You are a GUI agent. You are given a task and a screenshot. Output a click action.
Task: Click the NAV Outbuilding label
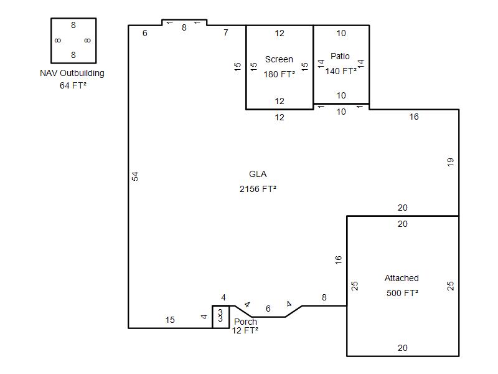pos(72,73)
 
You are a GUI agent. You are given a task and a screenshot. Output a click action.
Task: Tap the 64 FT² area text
pos(73,85)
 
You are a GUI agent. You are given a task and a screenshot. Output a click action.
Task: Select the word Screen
pos(279,59)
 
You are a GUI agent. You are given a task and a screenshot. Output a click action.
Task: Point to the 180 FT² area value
pos(279,74)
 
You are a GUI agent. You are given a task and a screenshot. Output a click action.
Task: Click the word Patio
pos(340,56)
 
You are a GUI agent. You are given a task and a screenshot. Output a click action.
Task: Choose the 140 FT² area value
pos(341,71)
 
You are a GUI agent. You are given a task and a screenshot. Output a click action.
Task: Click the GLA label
pos(258,175)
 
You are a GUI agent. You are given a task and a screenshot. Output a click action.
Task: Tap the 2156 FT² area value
pos(258,189)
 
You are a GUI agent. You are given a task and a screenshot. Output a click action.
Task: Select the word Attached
pos(402,278)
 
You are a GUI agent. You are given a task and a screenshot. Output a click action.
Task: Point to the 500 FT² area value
pos(402,293)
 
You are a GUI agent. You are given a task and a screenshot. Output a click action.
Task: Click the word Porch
pos(245,322)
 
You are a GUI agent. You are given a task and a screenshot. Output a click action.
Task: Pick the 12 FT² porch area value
pos(245,331)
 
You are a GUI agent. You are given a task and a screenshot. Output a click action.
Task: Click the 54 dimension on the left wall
pos(135,176)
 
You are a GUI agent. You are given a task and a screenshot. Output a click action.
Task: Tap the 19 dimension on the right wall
pos(450,162)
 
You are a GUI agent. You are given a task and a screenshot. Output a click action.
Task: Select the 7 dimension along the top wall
pos(226,32)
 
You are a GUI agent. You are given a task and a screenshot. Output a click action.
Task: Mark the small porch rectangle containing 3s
pos(221,317)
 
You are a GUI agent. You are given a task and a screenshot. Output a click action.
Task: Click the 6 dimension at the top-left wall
pos(145,34)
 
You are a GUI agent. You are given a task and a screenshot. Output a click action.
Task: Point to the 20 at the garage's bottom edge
pos(402,348)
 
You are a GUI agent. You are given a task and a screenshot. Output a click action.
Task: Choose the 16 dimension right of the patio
pos(414,117)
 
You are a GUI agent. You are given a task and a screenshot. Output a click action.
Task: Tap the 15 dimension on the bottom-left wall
pos(170,320)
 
